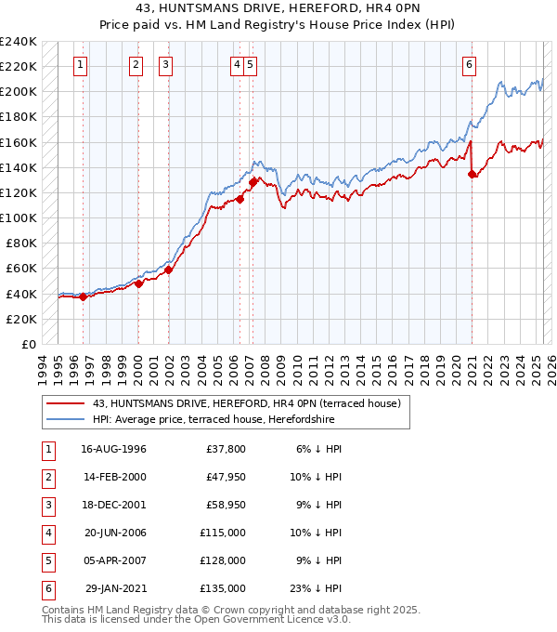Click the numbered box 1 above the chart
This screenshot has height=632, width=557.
tap(82, 65)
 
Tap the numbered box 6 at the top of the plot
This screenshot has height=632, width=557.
tap(470, 65)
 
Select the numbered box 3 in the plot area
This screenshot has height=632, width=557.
tap(165, 65)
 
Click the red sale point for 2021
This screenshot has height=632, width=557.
tap(472, 173)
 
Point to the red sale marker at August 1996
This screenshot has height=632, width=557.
tap(83, 296)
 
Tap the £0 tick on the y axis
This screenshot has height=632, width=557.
tap(29, 344)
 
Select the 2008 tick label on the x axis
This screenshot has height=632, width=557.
tap(266, 366)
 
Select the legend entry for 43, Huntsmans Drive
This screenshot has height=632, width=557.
tap(246, 403)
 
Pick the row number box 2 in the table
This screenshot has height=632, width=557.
tap(46, 477)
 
